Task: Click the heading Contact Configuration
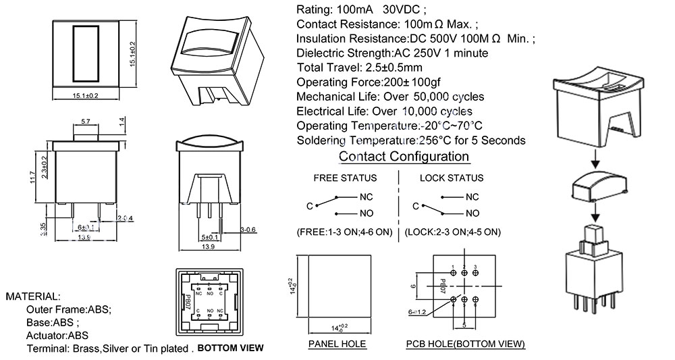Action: point(404,157)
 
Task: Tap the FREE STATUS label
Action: point(345,178)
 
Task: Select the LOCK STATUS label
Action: point(451,178)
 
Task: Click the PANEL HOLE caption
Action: point(337,344)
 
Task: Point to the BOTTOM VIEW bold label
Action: point(230,349)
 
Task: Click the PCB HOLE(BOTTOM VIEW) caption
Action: point(465,344)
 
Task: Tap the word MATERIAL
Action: point(33,297)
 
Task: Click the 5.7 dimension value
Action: point(86,122)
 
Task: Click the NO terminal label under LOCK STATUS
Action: point(472,213)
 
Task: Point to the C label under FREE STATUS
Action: point(309,205)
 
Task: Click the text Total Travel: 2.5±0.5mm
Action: point(360,68)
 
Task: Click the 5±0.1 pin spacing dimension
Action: point(210,237)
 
